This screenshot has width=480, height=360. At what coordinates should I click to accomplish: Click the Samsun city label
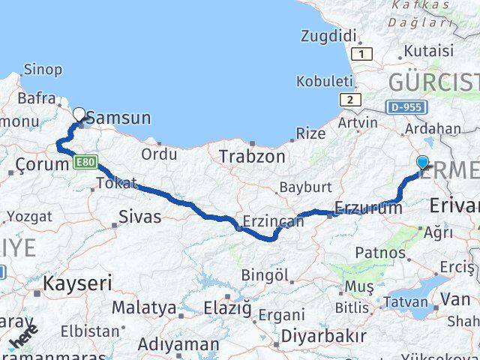[x=119, y=118]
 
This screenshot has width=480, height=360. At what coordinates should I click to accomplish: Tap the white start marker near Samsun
[x=79, y=114]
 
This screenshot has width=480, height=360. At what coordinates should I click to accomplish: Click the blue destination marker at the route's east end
[x=422, y=162]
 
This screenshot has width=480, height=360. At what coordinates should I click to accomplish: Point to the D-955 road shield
[x=404, y=108]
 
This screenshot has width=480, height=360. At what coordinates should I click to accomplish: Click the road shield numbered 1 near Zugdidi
[x=364, y=54]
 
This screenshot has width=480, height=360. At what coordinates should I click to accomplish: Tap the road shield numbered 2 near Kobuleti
[x=349, y=99]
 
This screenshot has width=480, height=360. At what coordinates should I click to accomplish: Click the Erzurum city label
[x=368, y=208]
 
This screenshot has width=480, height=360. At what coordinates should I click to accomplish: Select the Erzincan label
[x=273, y=221]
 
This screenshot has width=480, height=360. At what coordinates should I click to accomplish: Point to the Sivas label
[x=140, y=217]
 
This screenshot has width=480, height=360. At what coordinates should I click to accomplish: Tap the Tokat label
[x=116, y=183]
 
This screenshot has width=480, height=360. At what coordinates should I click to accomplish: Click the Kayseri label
[x=77, y=283]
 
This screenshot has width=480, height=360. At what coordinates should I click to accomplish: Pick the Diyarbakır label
[x=324, y=335]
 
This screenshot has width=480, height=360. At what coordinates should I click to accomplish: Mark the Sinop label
[x=43, y=69]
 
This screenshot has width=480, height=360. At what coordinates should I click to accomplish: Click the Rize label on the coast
[x=311, y=133]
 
